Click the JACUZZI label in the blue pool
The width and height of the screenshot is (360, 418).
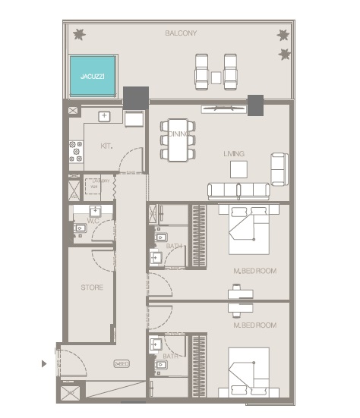tap(93, 77)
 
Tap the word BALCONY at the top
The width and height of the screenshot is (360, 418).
tap(181, 33)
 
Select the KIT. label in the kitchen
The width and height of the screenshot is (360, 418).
tap(106, 146)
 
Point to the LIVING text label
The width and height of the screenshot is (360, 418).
tap(233, 154)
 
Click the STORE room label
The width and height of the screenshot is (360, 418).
tap(92, 288)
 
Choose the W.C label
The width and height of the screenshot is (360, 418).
tap(94, 221)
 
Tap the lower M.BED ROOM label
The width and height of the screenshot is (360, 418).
tap(254, 325)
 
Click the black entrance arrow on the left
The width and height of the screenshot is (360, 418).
tap(43, 363)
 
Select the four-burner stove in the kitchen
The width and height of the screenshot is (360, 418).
tap(77, 150)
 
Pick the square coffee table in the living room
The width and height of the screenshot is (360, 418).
tap(239, 168)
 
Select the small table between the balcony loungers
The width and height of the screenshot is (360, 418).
tap(216, 77)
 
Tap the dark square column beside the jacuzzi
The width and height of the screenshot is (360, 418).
tap(136, 97)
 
